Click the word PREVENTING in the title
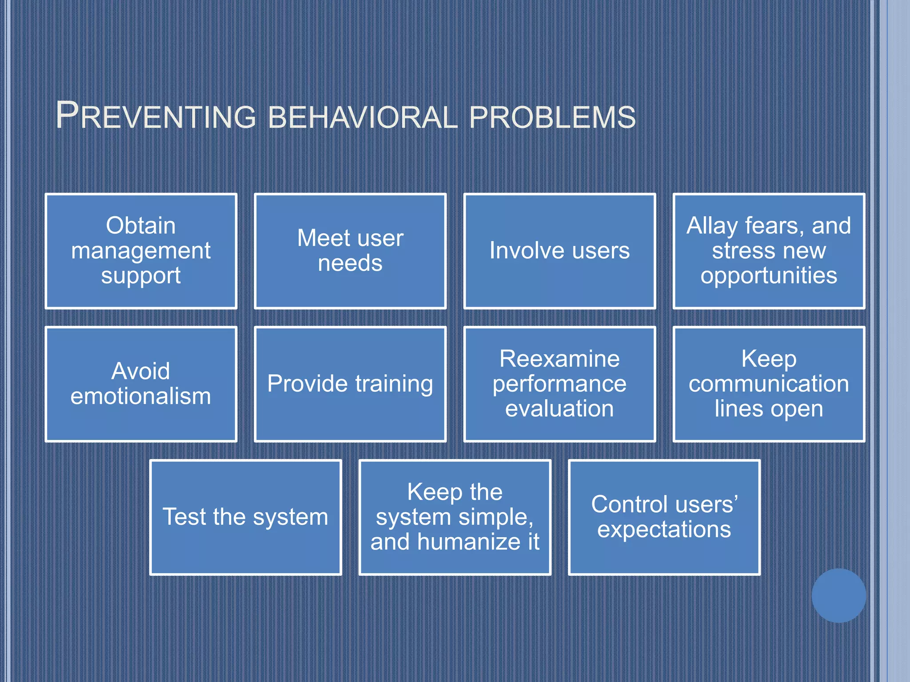point(156,116)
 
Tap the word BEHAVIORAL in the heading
point(363,117)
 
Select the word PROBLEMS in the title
point(552,117)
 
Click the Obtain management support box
point(141,251)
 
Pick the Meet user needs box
point(350,251)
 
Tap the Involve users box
point(559,251)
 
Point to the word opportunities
point(769,276)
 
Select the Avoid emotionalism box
point(141,384)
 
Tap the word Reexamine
point(559,359)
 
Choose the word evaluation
point(559,408)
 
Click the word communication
point(769,384)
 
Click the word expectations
point(664,530)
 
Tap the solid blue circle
point(838,595)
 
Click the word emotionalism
point(141,396)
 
